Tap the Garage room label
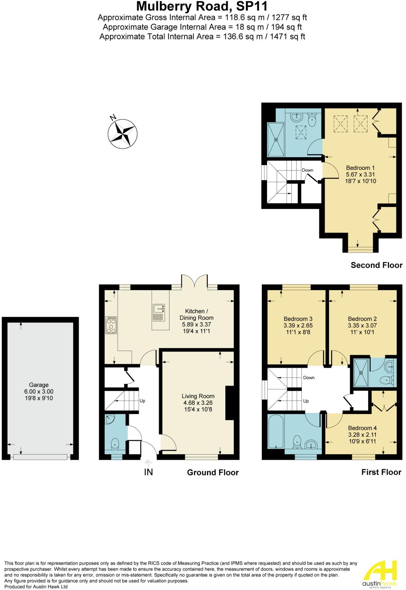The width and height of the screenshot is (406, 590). [39, 385]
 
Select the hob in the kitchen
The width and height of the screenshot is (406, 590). [111, 325]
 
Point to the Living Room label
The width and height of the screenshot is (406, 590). [198, 396]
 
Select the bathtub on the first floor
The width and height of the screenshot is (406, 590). [276, 431]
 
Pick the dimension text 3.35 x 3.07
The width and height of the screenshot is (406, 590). [362, 326]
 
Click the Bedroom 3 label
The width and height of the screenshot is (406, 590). [298, 319]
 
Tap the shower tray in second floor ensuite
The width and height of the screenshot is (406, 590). [276, 140]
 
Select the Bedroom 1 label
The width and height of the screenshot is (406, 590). [360, 168]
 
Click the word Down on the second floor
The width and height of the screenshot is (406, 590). [308, 170]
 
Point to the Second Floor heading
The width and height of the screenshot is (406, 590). [376, 265]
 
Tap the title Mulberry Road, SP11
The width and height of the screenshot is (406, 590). [202, 7]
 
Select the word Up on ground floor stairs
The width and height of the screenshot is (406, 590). [142, 401]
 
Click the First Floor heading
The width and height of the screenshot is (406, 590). [381, 472]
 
